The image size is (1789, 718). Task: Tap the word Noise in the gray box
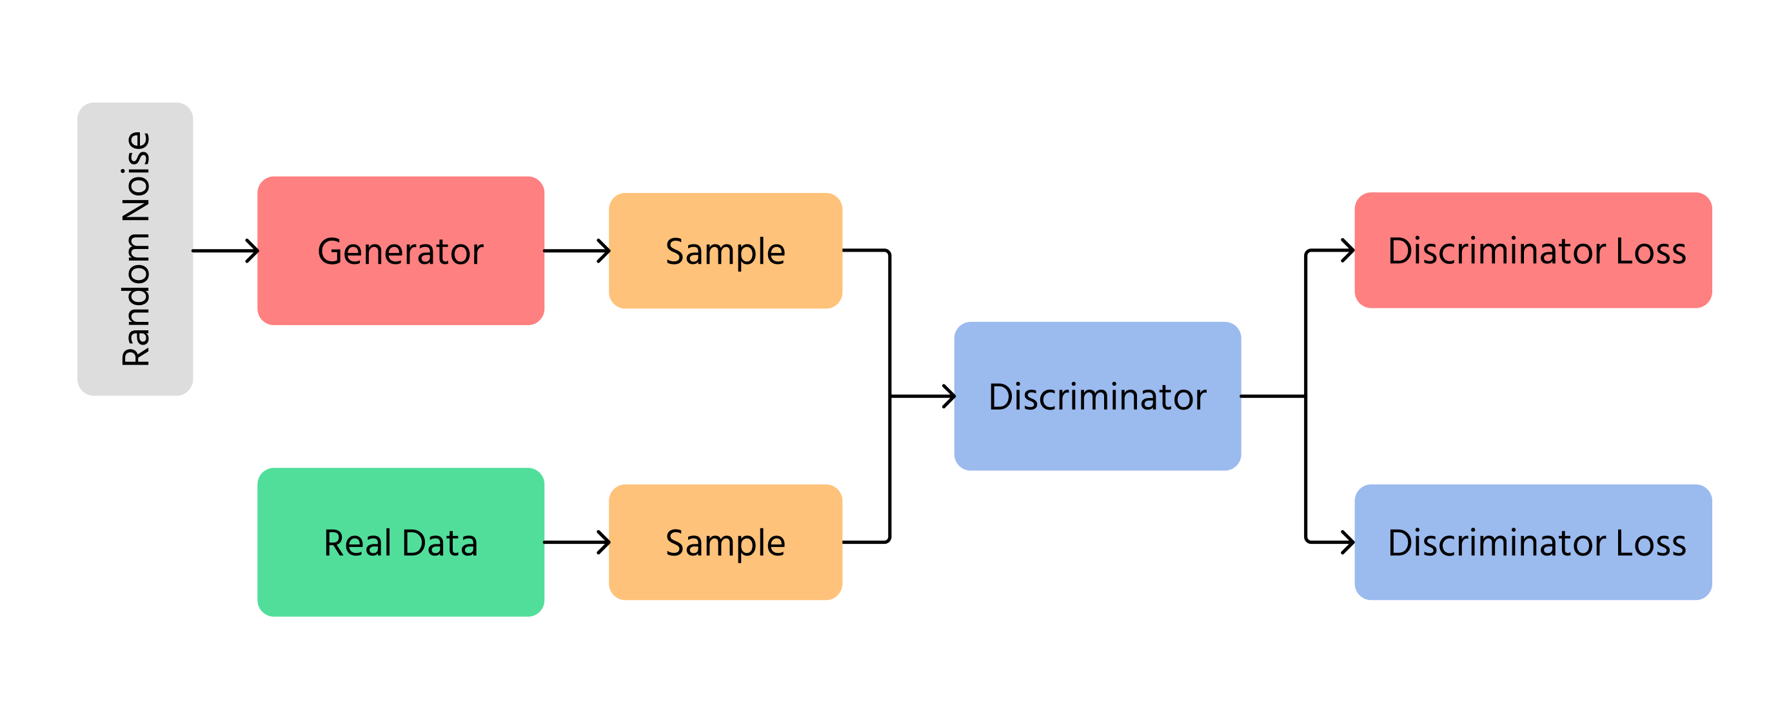136,176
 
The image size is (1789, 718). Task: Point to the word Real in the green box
357,543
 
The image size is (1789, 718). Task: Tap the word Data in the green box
440,543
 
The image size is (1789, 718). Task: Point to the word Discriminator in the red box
1497,251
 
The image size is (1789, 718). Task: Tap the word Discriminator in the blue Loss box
1497,543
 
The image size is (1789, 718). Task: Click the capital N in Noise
136,207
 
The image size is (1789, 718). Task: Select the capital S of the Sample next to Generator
676,252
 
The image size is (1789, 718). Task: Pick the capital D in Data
414,543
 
